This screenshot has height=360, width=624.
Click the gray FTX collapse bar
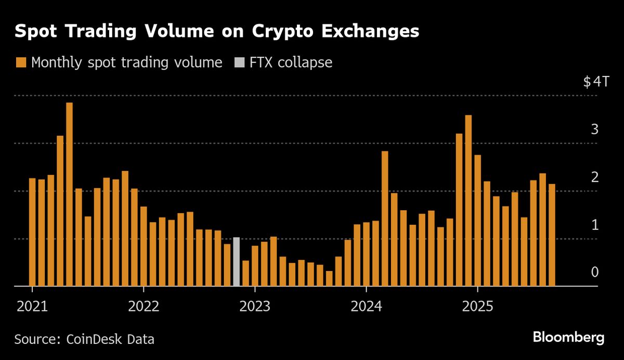click(x=237, y=262)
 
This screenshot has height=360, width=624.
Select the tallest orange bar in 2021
click(x=69, y=194)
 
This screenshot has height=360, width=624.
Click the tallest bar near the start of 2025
click(x=468, y=200)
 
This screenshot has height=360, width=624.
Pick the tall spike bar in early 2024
click(x=385, y=218)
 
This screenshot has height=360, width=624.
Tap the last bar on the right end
click(x=552, y=235)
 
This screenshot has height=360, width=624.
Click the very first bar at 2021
click(x=32, y=232)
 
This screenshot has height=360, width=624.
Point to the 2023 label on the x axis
click(x=254, y=306)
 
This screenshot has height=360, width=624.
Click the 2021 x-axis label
click(x=32, y=306)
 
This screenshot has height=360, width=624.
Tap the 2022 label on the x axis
click(x=143, y=306)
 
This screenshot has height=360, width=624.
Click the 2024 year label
click(x=366, y=306)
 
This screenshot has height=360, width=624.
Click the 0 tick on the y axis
click(x=595, y=273)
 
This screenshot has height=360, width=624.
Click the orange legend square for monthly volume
click(x=21, y=63)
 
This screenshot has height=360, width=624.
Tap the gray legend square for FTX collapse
click(x=239, y=63)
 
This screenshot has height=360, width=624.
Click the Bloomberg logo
click(x=568, y=338)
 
